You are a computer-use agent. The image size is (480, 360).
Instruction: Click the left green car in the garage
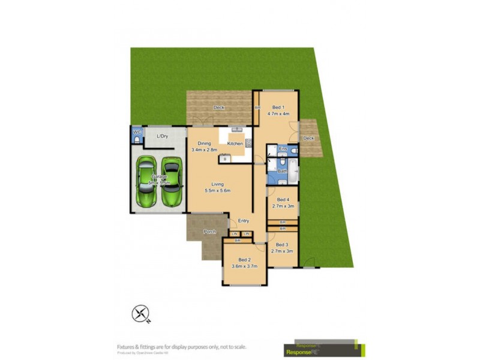tap(146, 182)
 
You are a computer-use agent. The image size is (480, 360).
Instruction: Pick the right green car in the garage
tap(172, 182)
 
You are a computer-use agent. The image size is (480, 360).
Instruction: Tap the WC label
tap(137, 132)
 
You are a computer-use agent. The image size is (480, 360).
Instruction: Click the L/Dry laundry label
tap(162, 137)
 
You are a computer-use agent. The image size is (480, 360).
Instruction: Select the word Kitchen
tap(235, 144)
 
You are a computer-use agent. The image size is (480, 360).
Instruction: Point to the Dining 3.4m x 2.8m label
tap(203, 146)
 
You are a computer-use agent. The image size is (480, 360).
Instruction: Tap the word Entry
tap(244, 221)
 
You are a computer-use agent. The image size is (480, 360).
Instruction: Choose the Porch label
tap(209, 232)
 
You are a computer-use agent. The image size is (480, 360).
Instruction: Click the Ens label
tap(283, 148)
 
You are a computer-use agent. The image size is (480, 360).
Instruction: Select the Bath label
tap(282, 172)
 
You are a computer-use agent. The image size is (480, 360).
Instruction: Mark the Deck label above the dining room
tap(218, 108)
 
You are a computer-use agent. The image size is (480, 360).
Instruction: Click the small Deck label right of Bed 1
tap(308, 139)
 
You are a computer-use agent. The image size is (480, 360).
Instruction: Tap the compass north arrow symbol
tap(140, 314)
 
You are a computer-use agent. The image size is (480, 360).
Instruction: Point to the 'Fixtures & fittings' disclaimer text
tap(181, 347)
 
